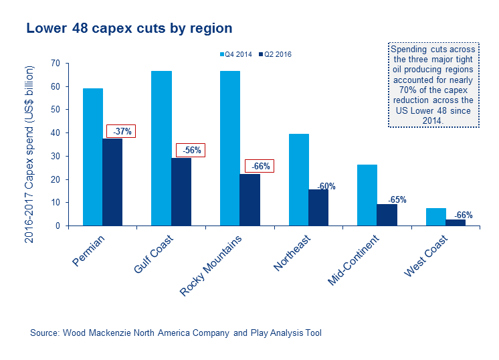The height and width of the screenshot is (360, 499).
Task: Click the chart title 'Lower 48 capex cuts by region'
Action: click(x=128, y=29)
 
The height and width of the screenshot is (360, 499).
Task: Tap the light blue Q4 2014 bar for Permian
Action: click(x=92, y=157)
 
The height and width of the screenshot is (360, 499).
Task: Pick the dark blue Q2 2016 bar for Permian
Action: click(x=112, y=182)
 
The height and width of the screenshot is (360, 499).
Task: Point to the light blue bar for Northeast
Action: click(x=298, y=179)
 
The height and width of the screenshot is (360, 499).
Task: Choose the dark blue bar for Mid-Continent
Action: click(x=387, y=215)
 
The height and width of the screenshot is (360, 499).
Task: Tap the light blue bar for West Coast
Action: click(x=435, y=217)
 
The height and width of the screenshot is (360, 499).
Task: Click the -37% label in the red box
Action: click(x=120, y=131)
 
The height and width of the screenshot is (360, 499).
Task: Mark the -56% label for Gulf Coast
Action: click(x=190, y=151)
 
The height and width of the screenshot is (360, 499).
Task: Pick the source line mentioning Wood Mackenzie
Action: click(x=176, y=333)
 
